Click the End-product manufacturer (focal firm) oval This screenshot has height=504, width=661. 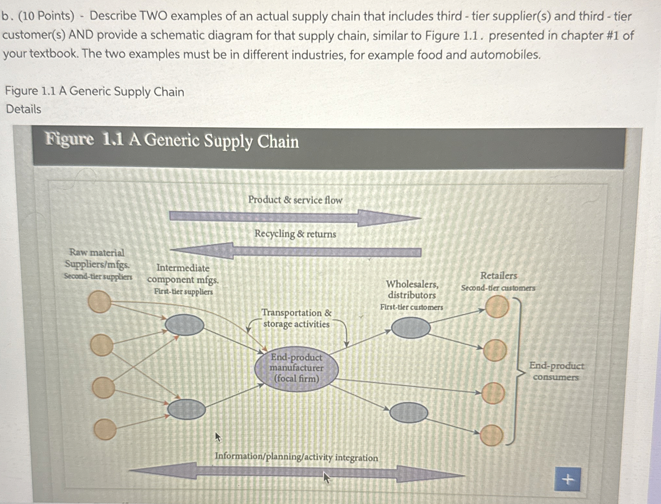tap(296, 369)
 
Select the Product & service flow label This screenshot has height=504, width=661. tap(295, 200)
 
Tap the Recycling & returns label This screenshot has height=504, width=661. tap(295, 234)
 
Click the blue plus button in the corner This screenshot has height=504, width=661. tap(567, 479)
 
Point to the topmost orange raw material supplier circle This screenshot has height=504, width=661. tap(99, 301)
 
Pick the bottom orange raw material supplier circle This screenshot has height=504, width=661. tap(105, 429)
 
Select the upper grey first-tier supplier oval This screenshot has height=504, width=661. tap(184, 325)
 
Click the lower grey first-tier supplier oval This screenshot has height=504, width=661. tap(186, 409)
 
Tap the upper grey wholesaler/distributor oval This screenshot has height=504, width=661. tap(411, 328)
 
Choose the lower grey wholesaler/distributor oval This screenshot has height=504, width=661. tap(409, 413)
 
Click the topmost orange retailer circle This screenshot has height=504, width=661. tap(497, 306)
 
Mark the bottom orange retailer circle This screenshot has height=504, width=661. tap(491, 435)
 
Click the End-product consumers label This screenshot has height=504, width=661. tap(556, 371)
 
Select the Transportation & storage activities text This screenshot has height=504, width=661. tap(296, 318)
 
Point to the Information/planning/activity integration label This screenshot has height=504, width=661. tap(296, 457)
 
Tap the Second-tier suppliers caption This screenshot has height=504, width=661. tap(98, 277)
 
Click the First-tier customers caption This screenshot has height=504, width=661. tap(411, 307)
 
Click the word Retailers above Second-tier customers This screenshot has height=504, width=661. tap(498, 276)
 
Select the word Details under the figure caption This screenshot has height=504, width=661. tap(24, 109)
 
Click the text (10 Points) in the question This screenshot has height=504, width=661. tap(46, 16)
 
